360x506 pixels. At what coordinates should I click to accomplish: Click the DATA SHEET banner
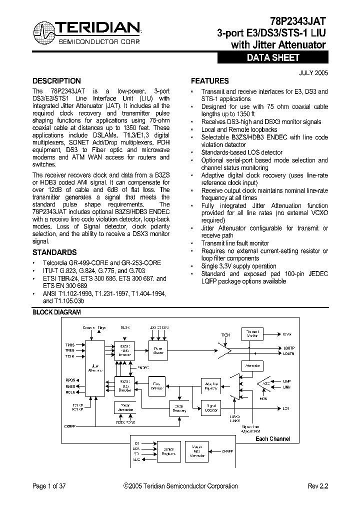coord(272,57)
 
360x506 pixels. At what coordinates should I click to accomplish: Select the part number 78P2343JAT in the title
coord(298,21)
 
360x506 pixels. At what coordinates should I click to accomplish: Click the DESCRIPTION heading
coord(56,81)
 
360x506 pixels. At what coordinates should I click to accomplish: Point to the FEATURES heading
coord(210,81)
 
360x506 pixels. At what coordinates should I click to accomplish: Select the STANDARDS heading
coord(54,252)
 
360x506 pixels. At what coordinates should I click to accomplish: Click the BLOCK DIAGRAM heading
coord(56,312)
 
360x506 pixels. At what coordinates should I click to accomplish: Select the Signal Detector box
coord(211,408)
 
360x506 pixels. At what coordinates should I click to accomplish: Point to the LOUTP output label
coord(289,347)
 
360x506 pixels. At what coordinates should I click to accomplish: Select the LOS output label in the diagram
coord(285,408)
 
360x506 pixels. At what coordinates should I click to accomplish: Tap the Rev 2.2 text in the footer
coord(317,486)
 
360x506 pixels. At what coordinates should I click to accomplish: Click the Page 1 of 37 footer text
coord(49,486)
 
